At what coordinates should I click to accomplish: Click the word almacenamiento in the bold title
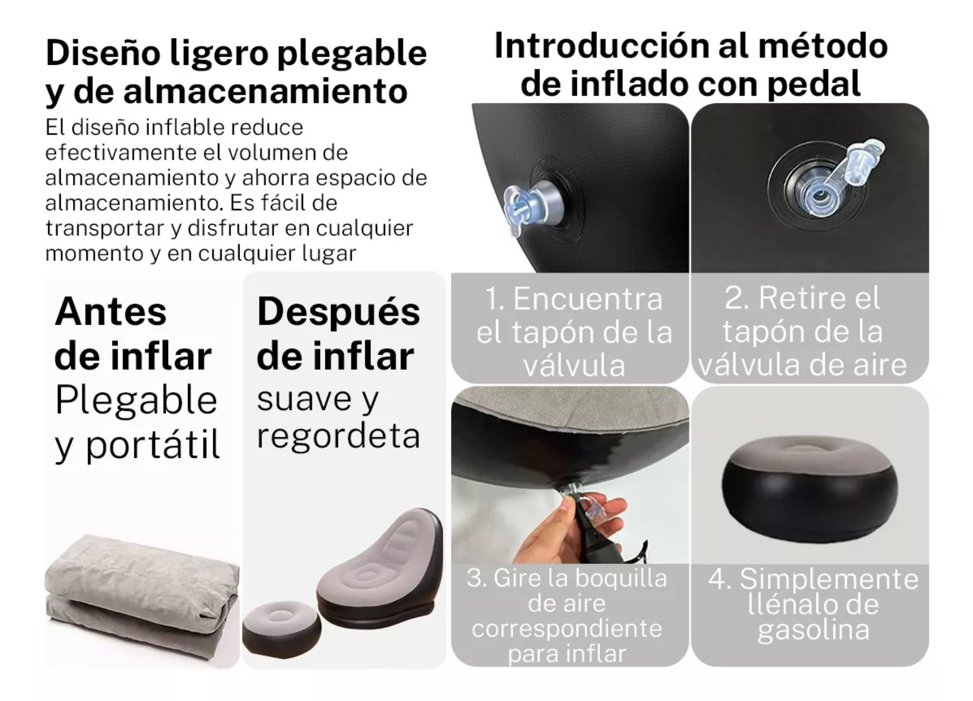click(x=266, y=91)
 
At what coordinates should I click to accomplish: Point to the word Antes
click(x=110, y=311)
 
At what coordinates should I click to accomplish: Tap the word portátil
click(x=153, y=445)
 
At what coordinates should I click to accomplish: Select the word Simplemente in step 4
click(x=829, y=579)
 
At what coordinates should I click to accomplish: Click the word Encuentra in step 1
click(x=588, y=299)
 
